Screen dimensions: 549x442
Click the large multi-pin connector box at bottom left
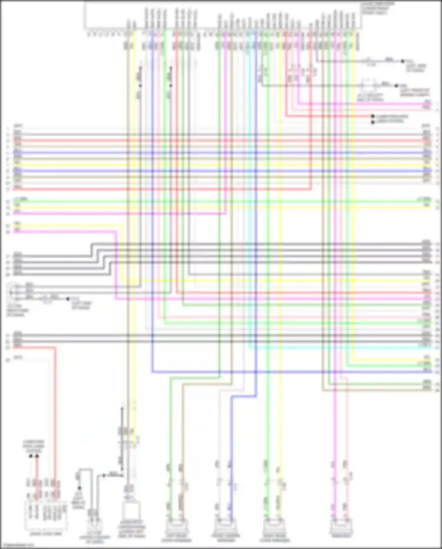click(x=45, y=515)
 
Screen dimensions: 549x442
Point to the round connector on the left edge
click(x=12, y=291)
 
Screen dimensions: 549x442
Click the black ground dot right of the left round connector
click(x=68, y=299)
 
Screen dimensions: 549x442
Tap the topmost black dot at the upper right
click(x=403, y=61)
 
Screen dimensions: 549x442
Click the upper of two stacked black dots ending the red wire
click(x=373, y=116)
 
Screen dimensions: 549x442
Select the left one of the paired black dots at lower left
click(x=31, y=456)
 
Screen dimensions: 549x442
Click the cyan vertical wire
click(x=250, y=207)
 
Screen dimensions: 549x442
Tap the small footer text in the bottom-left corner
click(x=18, y=545)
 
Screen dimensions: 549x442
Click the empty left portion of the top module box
click(x=103, y=15)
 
